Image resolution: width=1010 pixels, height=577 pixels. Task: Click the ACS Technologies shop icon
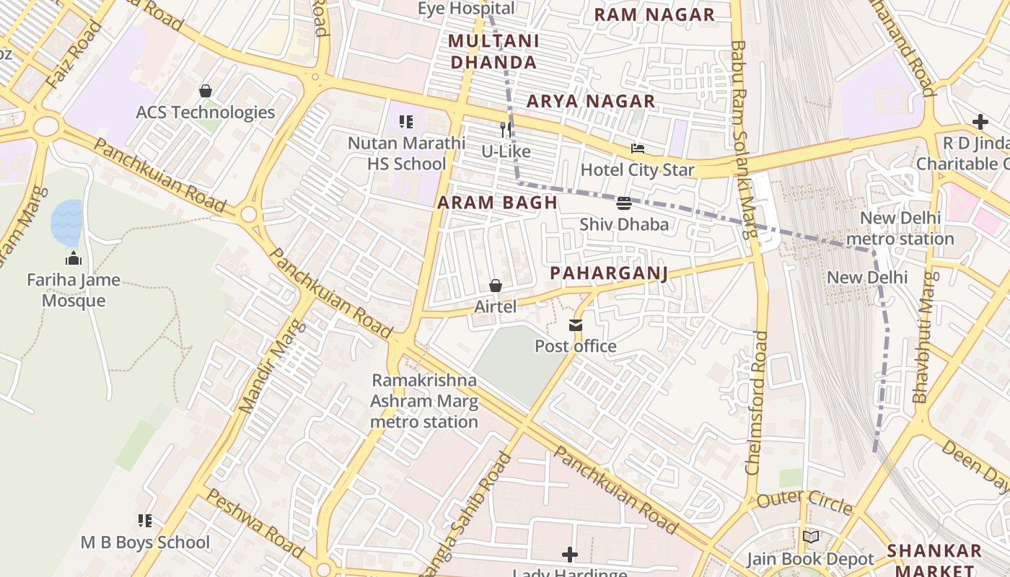(x=206, y=91)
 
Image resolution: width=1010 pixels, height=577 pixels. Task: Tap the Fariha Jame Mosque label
(x=74, y=290)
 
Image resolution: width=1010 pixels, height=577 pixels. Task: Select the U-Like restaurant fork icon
(x=506, y=130)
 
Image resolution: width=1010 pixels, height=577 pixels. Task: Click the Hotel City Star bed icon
(x=638, y=149)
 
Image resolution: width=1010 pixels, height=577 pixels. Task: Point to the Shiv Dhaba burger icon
(x=624, y=203)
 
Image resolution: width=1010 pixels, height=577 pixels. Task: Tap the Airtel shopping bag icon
(x=496, y=286)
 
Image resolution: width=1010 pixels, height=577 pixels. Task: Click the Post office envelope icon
(x=576, y=326)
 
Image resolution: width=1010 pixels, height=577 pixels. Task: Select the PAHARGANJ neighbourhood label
(x=608, y=273)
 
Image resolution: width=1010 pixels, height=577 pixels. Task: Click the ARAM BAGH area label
(x=498, y=203)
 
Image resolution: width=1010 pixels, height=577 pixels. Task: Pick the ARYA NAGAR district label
(x=591, y=102)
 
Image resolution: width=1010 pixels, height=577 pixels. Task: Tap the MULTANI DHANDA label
(x=493, y=51)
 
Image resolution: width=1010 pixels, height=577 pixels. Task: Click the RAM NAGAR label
(x=654, y=14)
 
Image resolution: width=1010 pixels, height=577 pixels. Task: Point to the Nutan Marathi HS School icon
(x=406, y=123)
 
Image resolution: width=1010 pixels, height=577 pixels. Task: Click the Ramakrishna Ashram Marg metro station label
(x=424, y=401)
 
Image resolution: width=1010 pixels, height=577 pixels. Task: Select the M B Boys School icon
(x=145, y=521)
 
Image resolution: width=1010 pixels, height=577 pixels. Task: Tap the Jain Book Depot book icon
(x=811, y=537)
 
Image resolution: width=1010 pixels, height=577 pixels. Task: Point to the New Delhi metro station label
(x=900, y=228)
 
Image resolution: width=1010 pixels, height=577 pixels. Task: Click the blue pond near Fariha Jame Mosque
(x=66, y=221)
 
